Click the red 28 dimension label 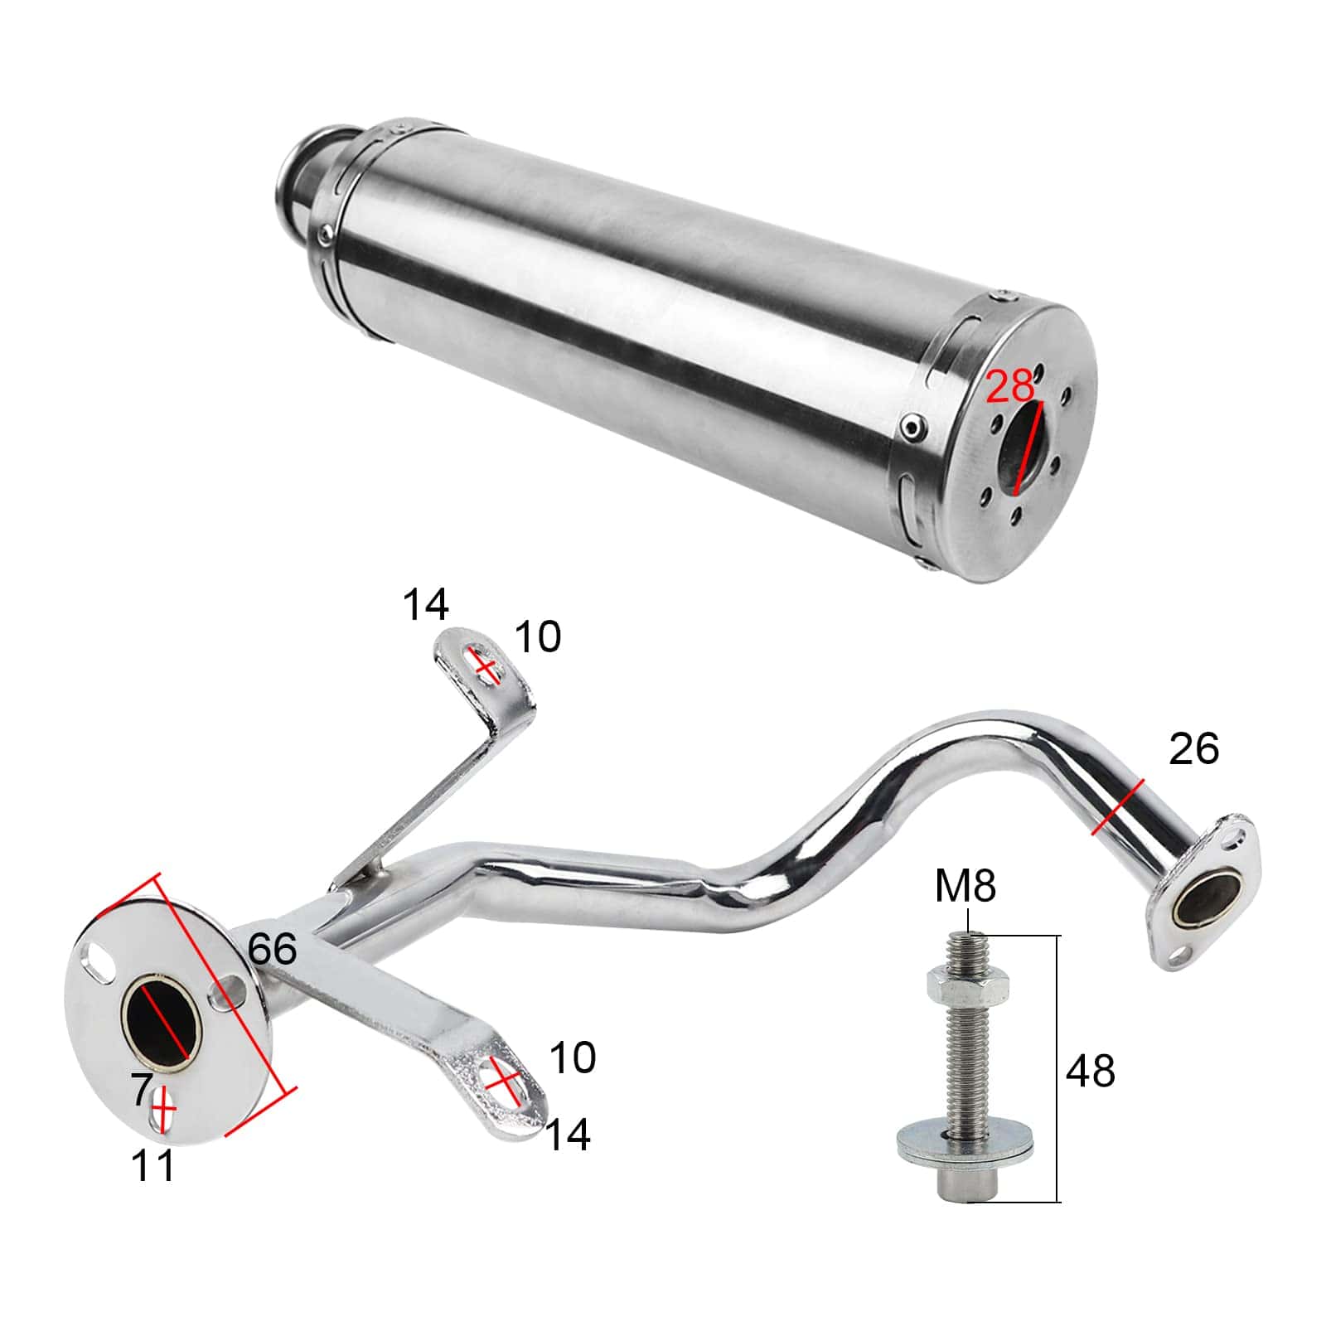(1010, 386)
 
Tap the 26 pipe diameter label (1193, 749)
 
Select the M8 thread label (965, 887)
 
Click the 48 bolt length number (1091, 1071)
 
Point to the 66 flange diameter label (272, 949)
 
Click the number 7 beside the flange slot (142, 1091)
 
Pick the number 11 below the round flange (153, 1165)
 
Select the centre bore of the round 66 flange (162, 1019)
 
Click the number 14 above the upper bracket (425, 605)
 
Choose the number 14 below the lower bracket (568, 1135)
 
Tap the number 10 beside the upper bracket (538, 637)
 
